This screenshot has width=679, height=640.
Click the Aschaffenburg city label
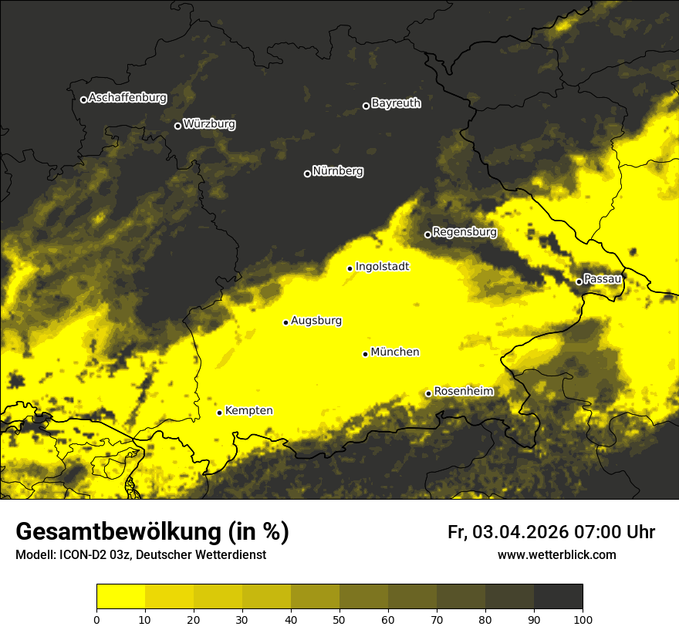[127, 98]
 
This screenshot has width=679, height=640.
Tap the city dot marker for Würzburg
[177, 126]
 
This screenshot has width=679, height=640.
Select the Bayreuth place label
[396, 103]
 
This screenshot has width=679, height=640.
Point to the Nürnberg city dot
[307, 173]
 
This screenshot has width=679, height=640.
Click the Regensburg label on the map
[464, 232]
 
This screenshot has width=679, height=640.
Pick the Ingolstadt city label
[382, 267]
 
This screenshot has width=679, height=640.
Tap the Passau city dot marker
[579, 281]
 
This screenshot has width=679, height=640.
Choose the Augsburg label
[316, 321]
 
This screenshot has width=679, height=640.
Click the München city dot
[365, 354]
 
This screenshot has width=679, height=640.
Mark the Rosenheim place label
[463, 392]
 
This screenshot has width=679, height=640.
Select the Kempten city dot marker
[219, 413]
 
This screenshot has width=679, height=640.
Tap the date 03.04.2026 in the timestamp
[520, 532]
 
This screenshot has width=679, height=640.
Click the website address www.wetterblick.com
[556, 554]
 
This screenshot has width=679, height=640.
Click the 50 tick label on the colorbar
[339, 618]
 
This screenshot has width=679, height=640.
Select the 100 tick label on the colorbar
[582, 618]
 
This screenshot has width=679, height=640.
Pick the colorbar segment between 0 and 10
[120, 597]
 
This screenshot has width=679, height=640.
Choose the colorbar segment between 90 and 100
[558, 597]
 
